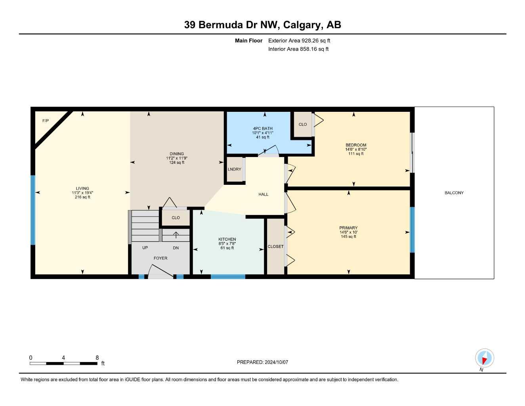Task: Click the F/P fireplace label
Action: tap(46, 121)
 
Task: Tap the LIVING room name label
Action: tap(82, 188)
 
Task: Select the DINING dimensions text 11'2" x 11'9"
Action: tap(177, 158)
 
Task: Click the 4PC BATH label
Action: tap(263, 128)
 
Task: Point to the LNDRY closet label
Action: tap(234, 169)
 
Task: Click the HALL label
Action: tap(263, 194)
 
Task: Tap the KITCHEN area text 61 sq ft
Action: tap(227, 248)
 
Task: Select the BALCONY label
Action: tap(454, 193)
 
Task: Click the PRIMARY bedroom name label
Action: tap(348, 228)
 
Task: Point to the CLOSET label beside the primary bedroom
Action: tap(275, 247)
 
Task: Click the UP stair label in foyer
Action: tap(145, 248)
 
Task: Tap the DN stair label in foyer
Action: tap(176, 248)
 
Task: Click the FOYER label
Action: tap(160, 258)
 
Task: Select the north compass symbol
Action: tap(484, 359)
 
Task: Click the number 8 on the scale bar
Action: tap(97, 358)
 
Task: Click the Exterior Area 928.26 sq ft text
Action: tap(299, 40)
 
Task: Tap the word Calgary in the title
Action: tap(304, 25)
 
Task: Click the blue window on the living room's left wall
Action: tap(33, 210)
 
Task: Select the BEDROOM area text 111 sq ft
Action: tap(356, 153)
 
